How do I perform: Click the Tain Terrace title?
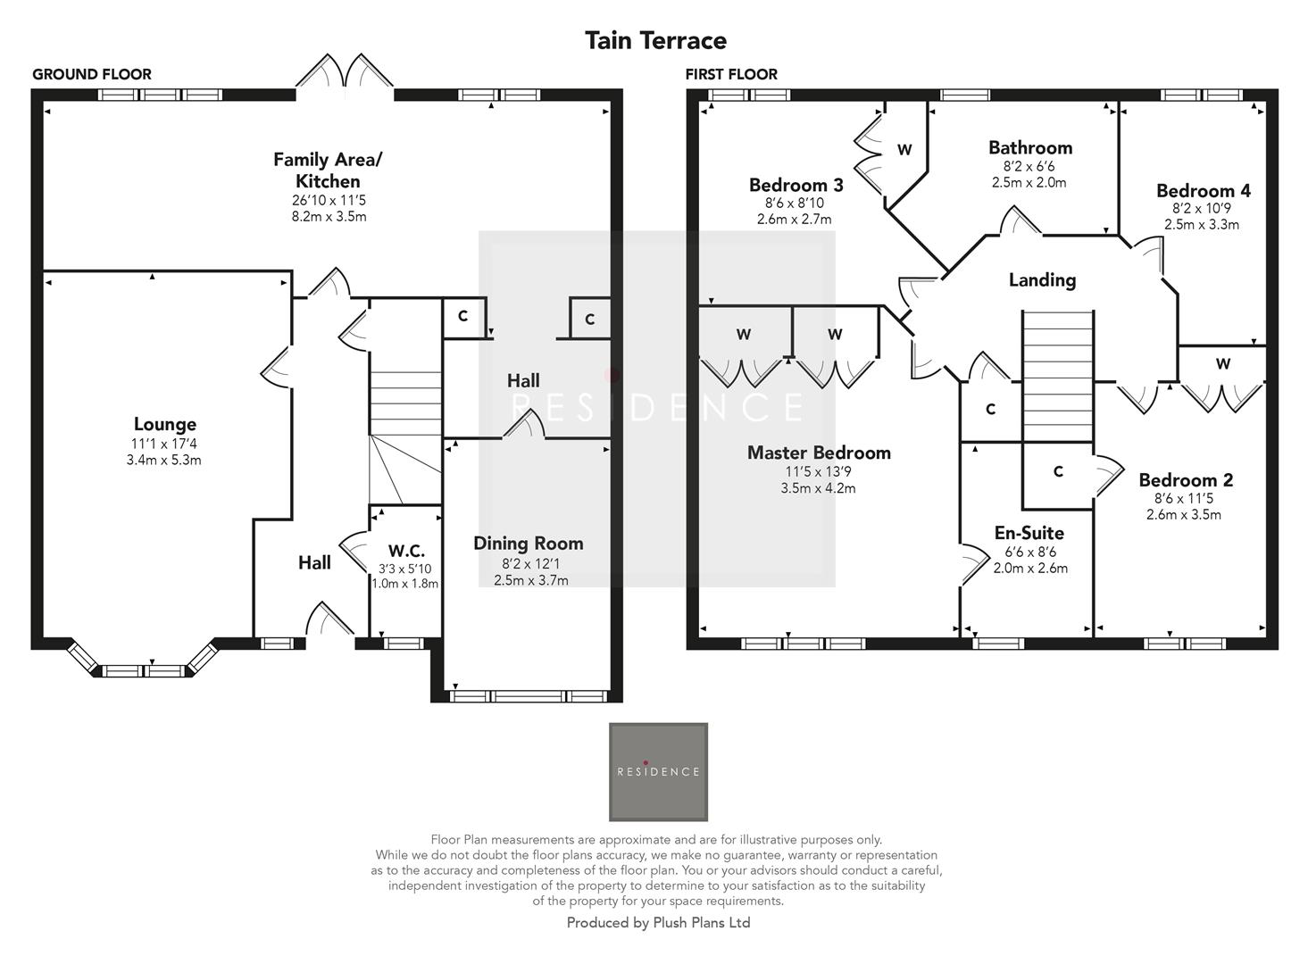click(655, 40)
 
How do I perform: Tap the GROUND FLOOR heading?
click(92, 74)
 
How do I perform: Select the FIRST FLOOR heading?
click(731, 74)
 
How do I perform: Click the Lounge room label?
click(165, 425)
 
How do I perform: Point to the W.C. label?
click(406, 551)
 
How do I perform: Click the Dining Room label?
click(528, 544)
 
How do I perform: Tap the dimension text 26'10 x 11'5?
click(328, 201)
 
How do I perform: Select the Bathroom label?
click(1029, 148)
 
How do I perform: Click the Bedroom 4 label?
click(1203, 191)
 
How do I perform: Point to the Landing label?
click(1042, 280)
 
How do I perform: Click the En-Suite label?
click(1029, 534)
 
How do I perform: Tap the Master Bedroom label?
click(819, 453)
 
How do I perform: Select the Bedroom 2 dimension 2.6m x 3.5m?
click(1183, 515)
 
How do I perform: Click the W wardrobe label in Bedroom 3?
click(904, 150)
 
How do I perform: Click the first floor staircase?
click(1057, 375)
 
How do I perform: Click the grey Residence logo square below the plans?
click(658, 772)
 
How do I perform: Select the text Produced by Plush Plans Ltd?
click(658, 923)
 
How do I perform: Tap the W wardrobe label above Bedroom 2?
click(1222, 364)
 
